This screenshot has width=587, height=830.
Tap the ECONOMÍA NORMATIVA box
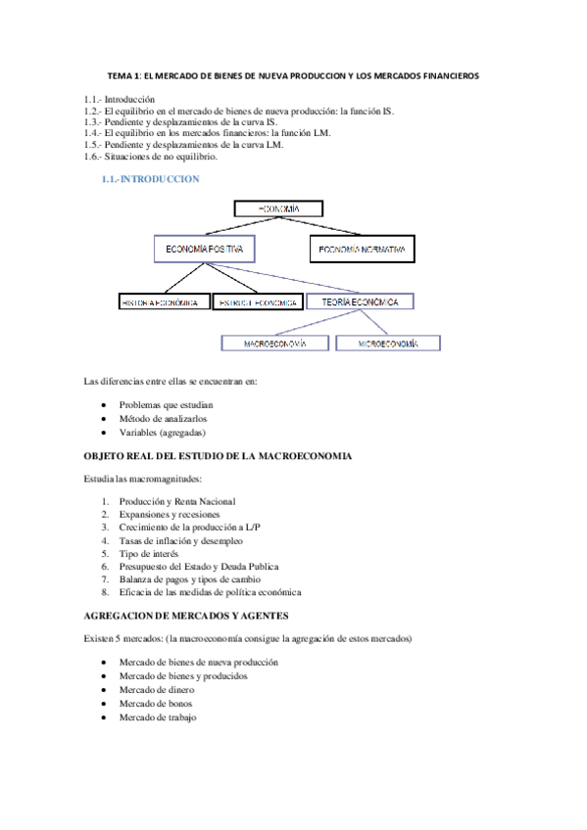361,250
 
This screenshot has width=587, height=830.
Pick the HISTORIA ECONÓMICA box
165,303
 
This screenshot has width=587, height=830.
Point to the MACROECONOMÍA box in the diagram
274,344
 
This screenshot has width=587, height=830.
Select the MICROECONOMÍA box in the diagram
388,344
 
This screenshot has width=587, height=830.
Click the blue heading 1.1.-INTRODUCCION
150,179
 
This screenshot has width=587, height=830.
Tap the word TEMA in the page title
120,77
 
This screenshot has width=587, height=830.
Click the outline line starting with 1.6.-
150,157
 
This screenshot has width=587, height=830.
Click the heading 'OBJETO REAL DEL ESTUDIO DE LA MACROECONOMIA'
218,456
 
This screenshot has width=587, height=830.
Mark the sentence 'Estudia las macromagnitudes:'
143,479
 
